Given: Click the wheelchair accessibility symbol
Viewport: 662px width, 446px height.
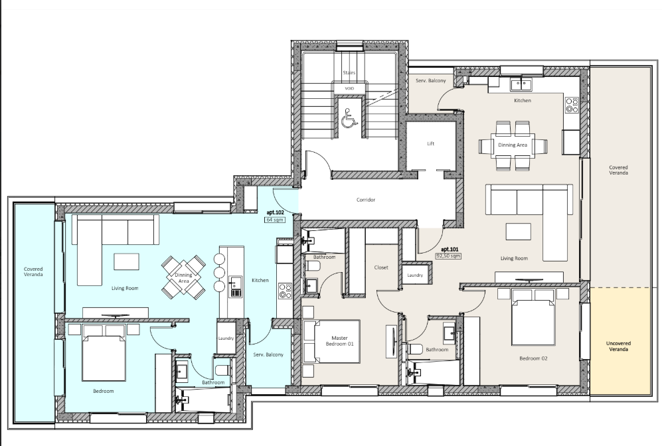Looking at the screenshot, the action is coord(349,117).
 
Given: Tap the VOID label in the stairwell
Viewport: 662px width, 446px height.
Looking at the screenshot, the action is coord(349,89).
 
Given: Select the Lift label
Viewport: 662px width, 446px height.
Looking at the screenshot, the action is coord(431,143).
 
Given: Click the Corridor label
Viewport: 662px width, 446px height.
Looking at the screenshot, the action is coord(366,200).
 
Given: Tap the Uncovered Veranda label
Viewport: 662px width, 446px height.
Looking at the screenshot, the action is coord(619,346).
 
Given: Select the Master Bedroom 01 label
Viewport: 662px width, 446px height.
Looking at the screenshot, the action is coord(339,341).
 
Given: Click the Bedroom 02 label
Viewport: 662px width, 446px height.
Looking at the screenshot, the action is coord(533,358).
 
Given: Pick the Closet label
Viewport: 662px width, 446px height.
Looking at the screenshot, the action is coord(381,267).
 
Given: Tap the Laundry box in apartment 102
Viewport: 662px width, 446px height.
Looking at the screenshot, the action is coord(226,338).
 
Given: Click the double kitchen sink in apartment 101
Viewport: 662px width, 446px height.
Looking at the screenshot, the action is coord(521,84).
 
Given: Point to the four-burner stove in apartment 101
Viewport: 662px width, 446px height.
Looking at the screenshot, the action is coord(572,105).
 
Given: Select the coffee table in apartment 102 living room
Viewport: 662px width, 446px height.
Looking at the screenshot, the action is coord(126,261).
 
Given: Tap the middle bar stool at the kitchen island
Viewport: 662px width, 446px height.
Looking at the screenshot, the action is coord(219,273).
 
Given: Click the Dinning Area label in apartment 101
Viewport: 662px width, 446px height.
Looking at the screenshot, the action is coord(513,145).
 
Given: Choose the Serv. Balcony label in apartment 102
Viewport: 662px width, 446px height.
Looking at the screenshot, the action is coord(268,354).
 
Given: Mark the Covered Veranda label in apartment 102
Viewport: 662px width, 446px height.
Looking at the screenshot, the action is coord(33,271).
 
